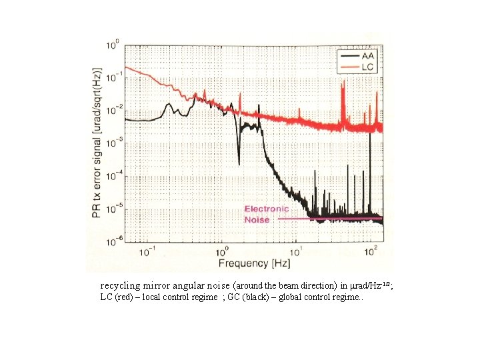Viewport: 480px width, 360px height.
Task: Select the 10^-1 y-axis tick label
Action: [x=113, y=77]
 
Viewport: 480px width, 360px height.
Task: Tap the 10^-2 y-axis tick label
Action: [x=113, y=110]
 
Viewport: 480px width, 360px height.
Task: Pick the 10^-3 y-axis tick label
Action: [x=113, y=142]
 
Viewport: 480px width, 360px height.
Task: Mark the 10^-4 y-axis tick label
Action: [x=113, y=175]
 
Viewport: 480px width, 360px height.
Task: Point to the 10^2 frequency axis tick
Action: [x=371, y=252]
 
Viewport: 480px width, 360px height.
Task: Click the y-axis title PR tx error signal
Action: [x=97, y=143]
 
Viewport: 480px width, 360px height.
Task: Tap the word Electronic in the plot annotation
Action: [x=266, y=209]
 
